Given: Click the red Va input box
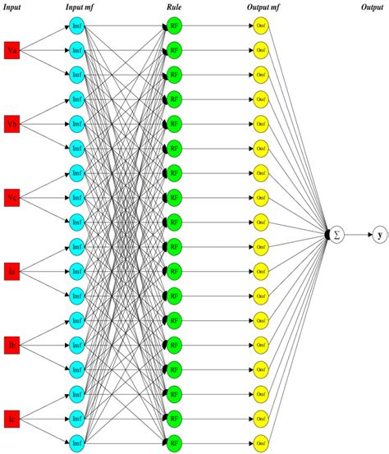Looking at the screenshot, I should [x=11, y=50].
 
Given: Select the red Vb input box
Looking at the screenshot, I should [x=11, y=124].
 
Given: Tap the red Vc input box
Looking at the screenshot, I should [x=11, y=197].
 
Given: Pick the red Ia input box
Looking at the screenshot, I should [x=11, y=270].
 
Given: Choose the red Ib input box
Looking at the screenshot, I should [x=11, y=343].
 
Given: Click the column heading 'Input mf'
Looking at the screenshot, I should [x=80, y=7].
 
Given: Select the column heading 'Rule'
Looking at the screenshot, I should [x=174, y=7].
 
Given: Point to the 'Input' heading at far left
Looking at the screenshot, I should [x=12, y=7].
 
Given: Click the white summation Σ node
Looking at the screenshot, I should [x=336, y=235].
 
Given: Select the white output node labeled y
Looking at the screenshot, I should [x=379, y=235].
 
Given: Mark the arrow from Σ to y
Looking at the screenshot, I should [x=358, y=235].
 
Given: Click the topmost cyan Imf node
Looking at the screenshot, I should [x=76, y=26].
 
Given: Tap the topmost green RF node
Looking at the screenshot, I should [x=174, y=26].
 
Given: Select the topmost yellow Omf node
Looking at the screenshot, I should [x=261, y=26].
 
